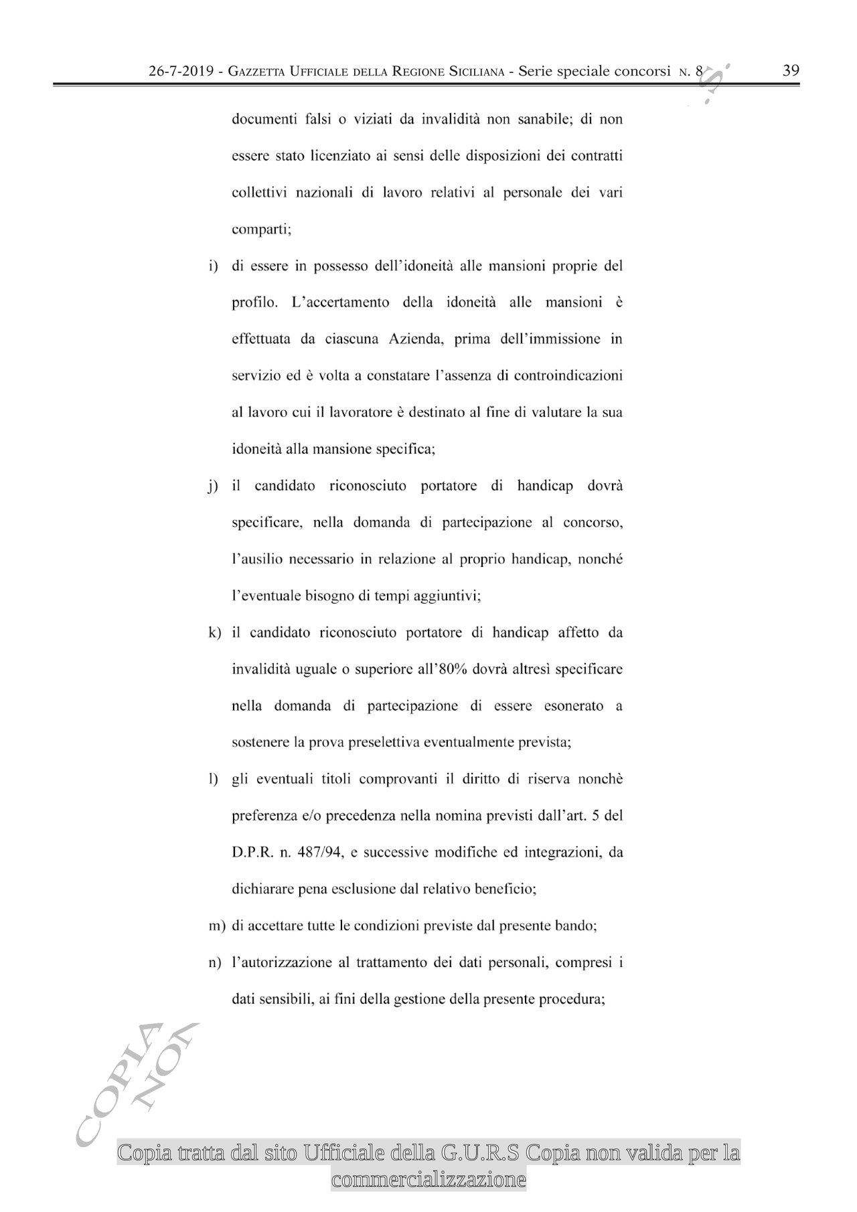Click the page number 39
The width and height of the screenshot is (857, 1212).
pos(791,70)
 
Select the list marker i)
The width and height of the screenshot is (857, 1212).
pos(214,266)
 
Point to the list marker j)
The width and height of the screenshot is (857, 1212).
pos(214,487)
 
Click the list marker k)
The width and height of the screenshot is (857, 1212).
pos(214,633)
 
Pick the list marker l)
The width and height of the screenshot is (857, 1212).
pos(214,780)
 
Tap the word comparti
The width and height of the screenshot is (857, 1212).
pos(260,230)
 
